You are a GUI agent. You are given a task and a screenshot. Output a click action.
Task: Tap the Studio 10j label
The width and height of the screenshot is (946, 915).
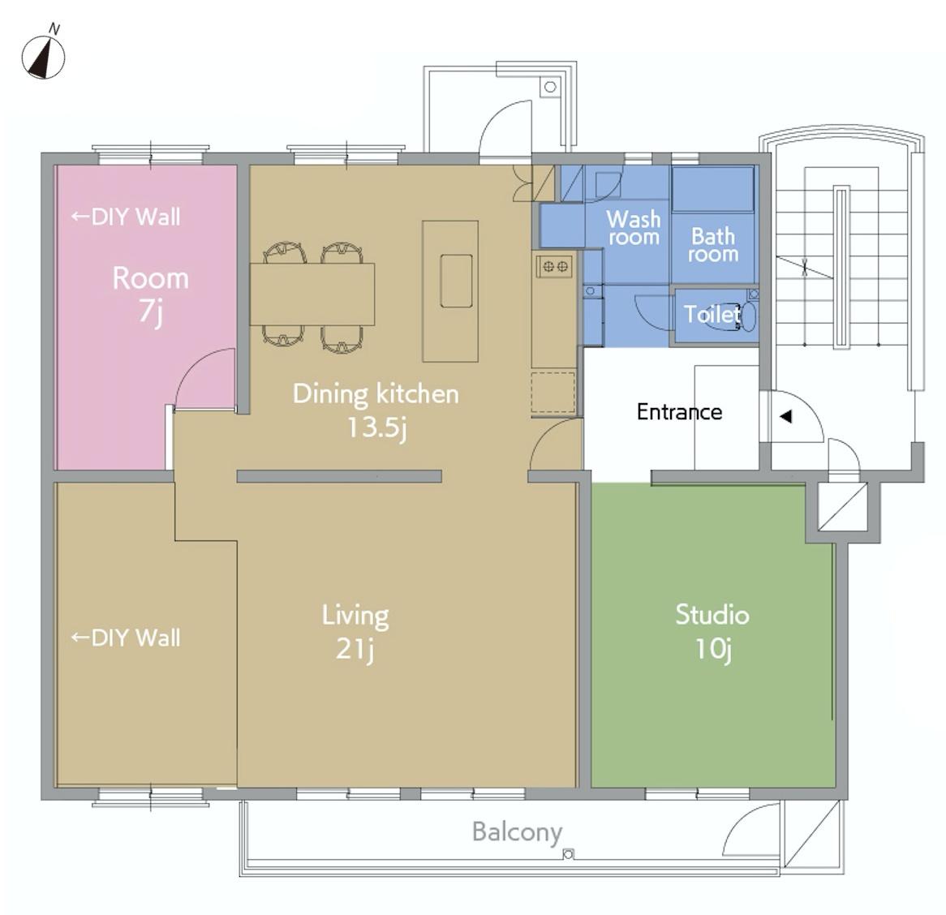pos(712,632)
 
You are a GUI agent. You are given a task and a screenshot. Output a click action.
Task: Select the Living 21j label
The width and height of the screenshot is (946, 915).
pos(355,632)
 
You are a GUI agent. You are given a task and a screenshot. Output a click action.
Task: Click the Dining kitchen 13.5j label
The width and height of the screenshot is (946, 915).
pos(376,410)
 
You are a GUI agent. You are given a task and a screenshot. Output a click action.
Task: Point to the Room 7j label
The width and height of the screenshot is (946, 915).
pos(151,295)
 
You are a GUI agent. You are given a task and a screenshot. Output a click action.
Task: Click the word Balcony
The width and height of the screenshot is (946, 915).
pos(517,832)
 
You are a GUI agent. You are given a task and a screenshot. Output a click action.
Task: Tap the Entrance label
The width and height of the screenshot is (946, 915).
pos(679,412)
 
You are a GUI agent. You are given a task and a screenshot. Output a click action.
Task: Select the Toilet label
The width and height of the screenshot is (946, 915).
pos(712,314)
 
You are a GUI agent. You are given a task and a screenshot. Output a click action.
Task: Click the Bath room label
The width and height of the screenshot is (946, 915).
pos(713,245)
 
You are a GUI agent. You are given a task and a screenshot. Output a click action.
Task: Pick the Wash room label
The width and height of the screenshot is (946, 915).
pos(634,227)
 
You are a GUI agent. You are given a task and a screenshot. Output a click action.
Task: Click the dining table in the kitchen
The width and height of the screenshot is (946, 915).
pos(312,294)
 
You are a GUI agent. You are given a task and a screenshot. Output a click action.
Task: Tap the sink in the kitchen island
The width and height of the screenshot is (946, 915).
pos(456,281)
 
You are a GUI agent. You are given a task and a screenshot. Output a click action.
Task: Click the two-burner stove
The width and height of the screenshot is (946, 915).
pos(555,265)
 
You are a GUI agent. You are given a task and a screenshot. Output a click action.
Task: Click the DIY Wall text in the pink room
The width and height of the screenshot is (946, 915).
pos(126,217)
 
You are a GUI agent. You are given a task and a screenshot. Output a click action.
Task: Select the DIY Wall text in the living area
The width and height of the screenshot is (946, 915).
pos(126,638)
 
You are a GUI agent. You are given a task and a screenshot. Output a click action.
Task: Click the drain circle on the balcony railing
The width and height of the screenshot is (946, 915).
pos(567,853)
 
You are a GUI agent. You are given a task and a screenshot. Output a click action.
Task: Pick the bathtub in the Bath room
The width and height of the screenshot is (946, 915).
pos(712,189)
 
